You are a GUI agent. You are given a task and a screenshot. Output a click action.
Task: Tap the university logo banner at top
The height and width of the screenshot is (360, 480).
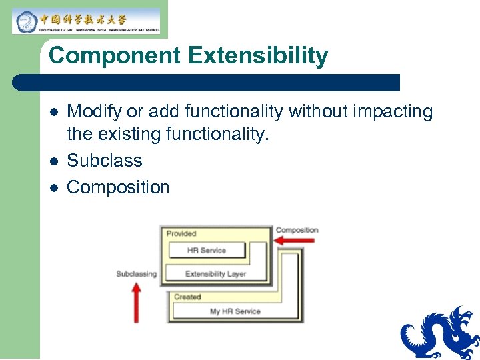[x=86, y=21]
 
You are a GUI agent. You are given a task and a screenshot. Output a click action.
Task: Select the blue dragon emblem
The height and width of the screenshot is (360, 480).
[x=439, y=333]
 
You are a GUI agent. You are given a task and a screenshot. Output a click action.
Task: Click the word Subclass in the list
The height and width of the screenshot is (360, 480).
[x=105, y=161]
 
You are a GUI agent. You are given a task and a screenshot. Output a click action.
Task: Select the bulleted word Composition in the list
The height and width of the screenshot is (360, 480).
[x=118, y=187]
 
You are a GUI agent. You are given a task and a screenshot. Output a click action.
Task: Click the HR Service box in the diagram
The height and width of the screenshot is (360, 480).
[x=206, y=251]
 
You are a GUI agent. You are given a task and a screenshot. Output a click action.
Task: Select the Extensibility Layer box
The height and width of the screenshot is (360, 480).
[x=215, y=273]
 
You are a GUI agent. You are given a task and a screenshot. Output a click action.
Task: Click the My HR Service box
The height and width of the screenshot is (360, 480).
[x=234, y=311]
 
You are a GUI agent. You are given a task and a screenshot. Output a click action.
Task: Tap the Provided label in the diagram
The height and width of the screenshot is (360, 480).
[x=181, y=233]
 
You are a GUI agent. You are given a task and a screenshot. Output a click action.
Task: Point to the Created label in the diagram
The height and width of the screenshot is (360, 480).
[x=187, y=297]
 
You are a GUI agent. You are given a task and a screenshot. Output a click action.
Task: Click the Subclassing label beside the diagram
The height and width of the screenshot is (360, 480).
[x=136, y=273]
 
